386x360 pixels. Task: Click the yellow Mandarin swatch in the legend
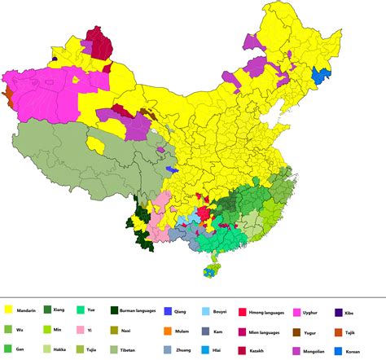click(x=9, y=310)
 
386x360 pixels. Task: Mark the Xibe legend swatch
click(x=339, y=310)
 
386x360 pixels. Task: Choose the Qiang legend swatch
click(x=166, y=310)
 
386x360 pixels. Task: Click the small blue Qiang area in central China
click(x=171, y=169)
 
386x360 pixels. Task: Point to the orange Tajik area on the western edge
click(x=7, y=96)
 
